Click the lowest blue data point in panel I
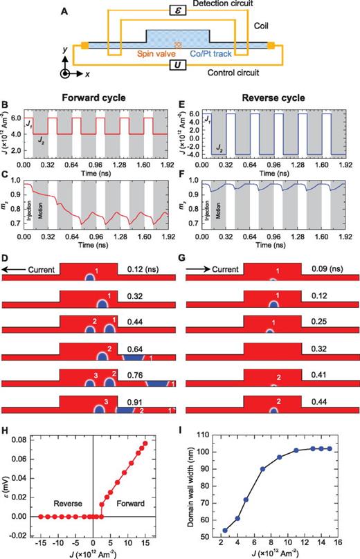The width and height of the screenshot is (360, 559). (x=224, y=531)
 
